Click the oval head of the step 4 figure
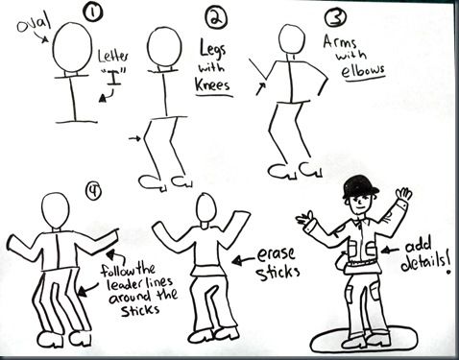pos(56,210)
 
